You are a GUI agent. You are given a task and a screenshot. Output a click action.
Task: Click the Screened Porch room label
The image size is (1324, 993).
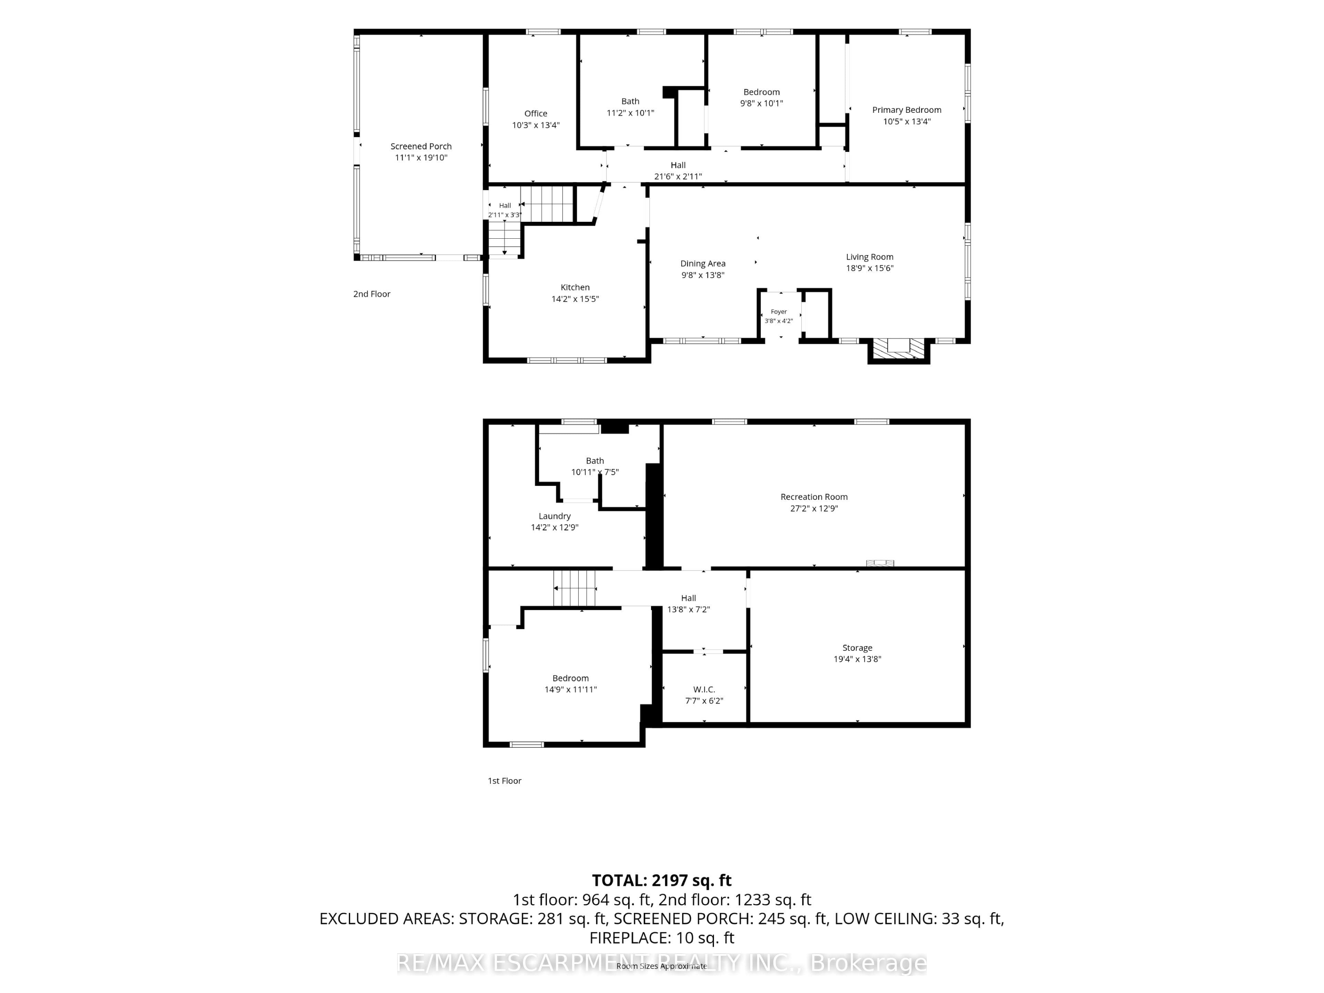click(x=421, y=146)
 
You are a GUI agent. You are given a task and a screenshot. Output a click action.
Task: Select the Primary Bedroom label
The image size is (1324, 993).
click(x=906, y=110)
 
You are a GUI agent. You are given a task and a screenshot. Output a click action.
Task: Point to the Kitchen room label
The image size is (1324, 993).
click(x=575, y=287)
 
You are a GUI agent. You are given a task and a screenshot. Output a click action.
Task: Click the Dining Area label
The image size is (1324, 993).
click(x=703, y=264)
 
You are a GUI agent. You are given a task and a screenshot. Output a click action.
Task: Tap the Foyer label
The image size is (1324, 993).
click(x=779, y=311)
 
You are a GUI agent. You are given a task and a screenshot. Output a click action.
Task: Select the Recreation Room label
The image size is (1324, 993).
click(x=814, y=497)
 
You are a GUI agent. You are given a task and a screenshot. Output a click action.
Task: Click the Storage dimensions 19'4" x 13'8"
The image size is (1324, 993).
click(x=857, y=659)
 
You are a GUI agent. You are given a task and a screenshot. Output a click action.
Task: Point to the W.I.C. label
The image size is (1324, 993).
click(x=704, y=689)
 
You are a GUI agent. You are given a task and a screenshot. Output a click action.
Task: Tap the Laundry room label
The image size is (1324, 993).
click(x=554, y=516)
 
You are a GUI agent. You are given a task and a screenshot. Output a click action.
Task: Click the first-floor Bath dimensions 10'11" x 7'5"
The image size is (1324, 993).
click(x=594, y=472)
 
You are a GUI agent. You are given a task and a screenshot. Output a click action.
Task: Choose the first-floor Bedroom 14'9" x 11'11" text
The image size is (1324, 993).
click(x=570, y=683)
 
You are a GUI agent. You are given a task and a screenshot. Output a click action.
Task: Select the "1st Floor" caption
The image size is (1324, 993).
click(x=504, y=781)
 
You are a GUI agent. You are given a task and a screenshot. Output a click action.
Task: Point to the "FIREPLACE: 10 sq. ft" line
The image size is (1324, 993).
click(x=661, y=938)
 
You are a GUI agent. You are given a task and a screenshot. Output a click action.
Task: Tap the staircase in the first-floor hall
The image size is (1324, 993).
click(x=575, y=588)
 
